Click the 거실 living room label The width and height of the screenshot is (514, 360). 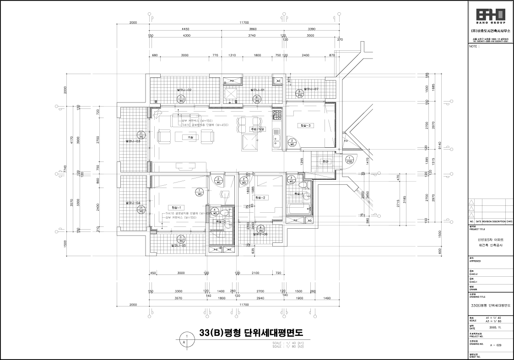(190, 137)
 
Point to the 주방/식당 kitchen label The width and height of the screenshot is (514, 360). (257, 129)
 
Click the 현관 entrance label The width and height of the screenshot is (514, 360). (325, 161)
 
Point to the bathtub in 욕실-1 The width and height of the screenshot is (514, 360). (299, 210)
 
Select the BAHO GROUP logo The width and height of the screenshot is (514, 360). (490, 15)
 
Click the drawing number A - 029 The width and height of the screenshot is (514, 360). (496, 345)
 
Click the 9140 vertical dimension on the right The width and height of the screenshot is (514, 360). (440, 145)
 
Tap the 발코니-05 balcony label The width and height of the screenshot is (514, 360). (178, 246)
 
